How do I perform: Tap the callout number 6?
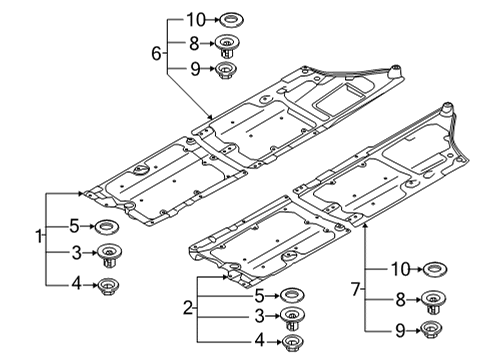[156, 51]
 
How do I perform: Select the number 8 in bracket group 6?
[194, 43]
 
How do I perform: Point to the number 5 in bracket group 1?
[73, 226]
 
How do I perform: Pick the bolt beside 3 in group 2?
[291, 320]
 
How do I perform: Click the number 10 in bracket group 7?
[399, 268]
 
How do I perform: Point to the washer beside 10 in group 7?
[434, 269]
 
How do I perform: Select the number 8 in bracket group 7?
[398, 298]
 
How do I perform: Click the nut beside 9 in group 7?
[433, 329]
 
